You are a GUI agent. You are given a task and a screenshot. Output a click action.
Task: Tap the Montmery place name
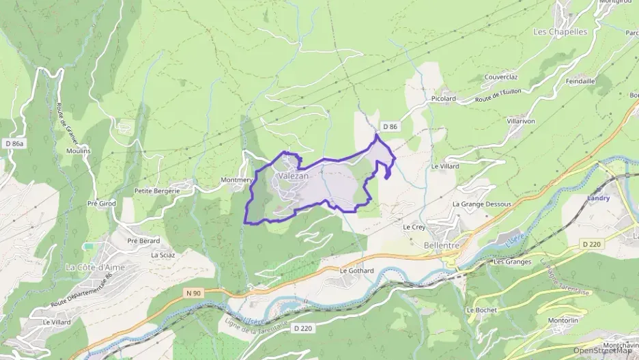tap(237, 180)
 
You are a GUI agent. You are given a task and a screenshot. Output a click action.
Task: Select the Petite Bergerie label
tap(157, 191)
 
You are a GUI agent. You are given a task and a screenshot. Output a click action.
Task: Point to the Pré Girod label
tap(102, 204)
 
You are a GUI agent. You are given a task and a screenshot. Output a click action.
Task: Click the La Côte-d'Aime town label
tap(96, 267)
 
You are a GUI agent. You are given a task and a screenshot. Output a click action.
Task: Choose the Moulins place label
tap(79, 151)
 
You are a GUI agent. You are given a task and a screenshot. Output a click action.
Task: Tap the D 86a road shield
tap(14, 143)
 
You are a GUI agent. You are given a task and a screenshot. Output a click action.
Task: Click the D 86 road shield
tap(390, 126)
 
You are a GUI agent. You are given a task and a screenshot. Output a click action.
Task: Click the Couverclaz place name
tap(502, 77)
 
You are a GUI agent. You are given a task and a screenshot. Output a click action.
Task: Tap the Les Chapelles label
tap(559, 31)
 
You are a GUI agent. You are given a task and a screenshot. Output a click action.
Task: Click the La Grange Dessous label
tap(481, 204)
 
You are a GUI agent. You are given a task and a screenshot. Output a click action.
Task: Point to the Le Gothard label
tap(356, 271)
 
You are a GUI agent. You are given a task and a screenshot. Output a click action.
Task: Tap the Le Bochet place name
tap(481, 309)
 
